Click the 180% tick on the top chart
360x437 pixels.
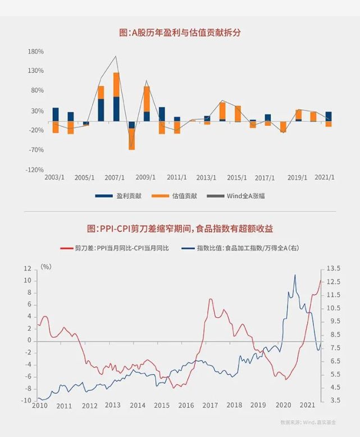(36, 52)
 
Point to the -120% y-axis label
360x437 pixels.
(35, 170)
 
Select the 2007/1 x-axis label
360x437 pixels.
(115, 177)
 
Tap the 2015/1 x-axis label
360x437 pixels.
(236, 177)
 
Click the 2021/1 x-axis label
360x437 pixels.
(325, 177)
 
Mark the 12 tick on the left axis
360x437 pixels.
(28, 268)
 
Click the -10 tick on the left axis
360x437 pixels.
(26, 400)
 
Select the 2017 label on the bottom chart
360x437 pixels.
(210, 406)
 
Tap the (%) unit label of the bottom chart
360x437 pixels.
(47, 267)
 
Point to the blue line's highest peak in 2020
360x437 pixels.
(295, 275)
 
